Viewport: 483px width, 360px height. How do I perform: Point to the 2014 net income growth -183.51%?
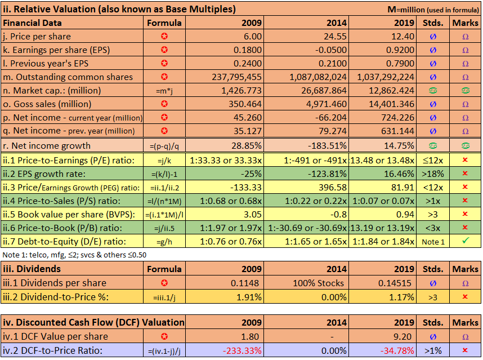[x=330, y=145]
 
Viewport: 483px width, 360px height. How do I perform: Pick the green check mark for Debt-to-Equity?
[x=465, y=241]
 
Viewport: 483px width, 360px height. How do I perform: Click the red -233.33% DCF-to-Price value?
[x=243, y=350]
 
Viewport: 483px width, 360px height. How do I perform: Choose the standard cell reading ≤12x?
[x=433, y=159]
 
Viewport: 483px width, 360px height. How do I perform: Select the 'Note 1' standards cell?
[x=433, y=241]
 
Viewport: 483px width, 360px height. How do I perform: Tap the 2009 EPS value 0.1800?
[x=248, y=50]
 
